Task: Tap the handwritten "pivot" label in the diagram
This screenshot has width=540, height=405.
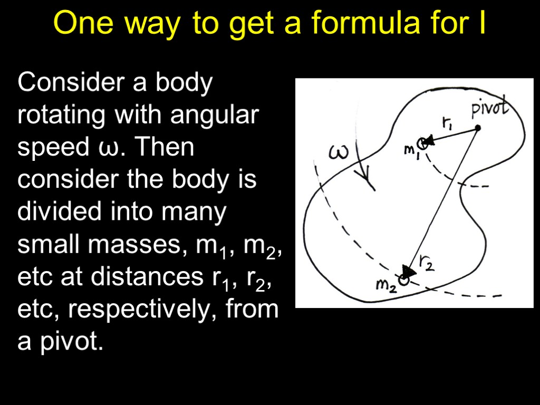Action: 489,108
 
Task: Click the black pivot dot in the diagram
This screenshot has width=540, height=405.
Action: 477,128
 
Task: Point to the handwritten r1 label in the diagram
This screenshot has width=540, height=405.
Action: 447,123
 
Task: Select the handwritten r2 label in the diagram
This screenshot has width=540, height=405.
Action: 427,262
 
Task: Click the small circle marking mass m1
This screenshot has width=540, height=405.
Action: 422,142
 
